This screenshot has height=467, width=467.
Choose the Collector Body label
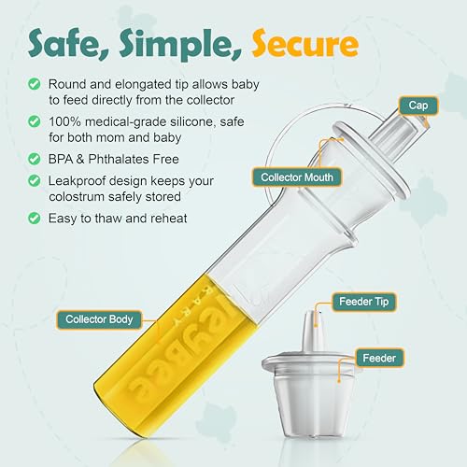[x=99, y=319]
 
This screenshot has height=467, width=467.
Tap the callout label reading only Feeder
[x=380, y=358]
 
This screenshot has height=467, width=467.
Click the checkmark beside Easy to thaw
[x=35, y=219]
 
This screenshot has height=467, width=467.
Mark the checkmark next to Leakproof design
[x=35, y=182]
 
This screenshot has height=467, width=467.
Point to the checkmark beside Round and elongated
[x=35, y=82]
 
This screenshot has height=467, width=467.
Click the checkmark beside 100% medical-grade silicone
[x=35, y=122]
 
